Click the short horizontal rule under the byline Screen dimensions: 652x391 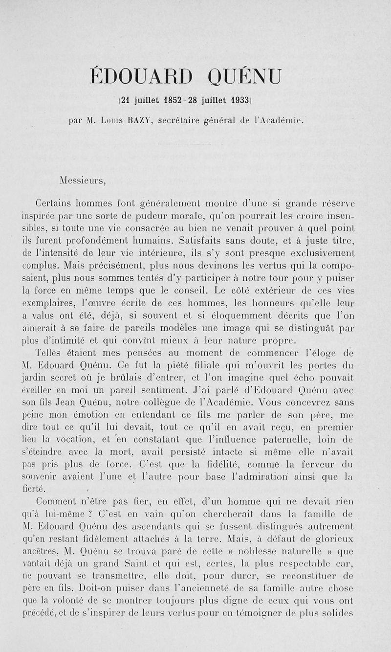(184, 144)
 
